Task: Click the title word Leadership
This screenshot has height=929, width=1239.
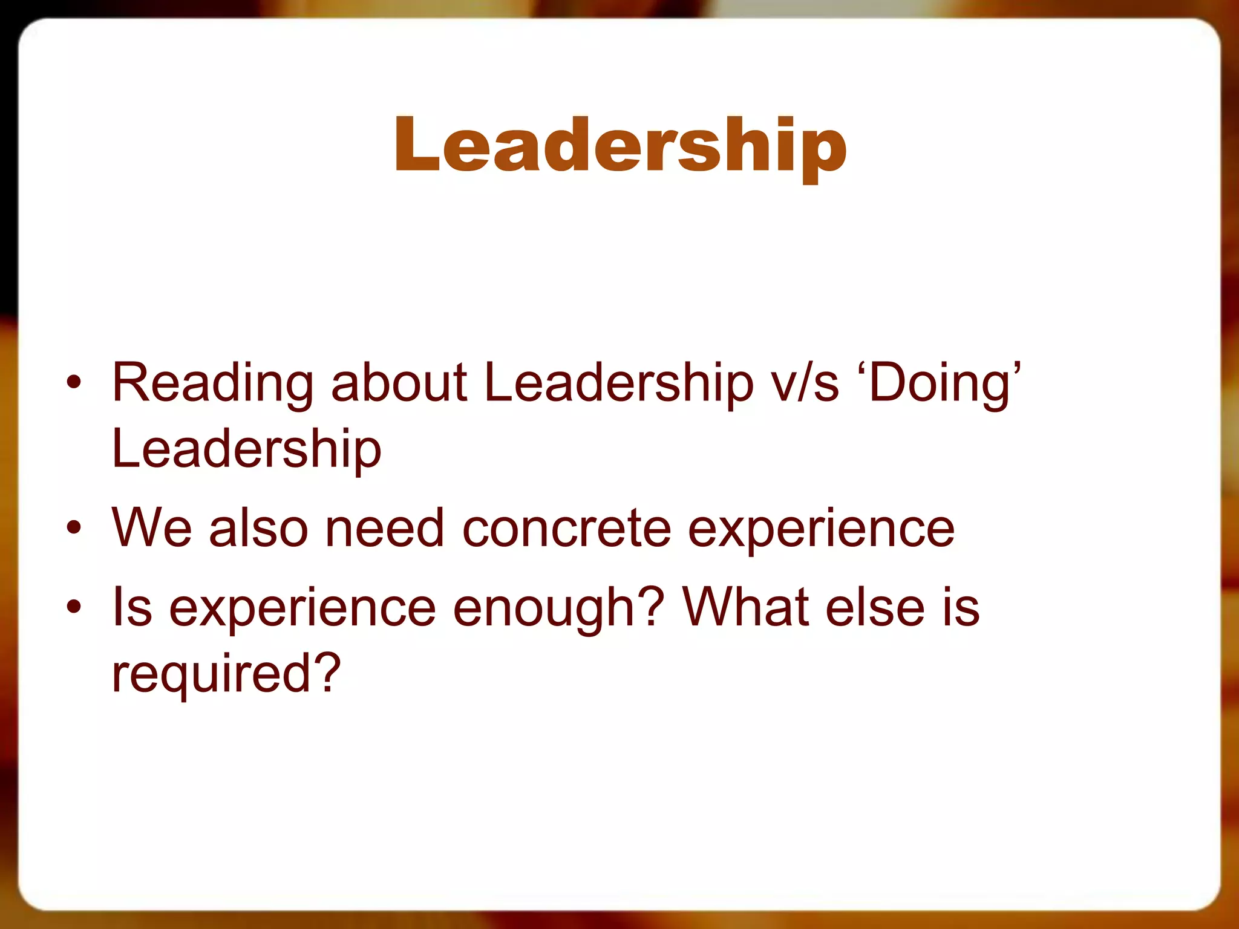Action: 620,145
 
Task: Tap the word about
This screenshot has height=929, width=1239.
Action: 399,383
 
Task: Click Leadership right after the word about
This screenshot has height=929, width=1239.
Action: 619,383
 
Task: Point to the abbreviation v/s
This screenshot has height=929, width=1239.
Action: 805,383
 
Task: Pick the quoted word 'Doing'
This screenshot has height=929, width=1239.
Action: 944,383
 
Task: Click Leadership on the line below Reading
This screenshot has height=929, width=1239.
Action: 247,449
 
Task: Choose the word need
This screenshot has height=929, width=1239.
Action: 385,528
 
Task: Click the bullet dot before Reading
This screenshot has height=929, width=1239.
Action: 74,383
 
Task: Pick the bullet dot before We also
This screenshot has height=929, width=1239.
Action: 74,528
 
